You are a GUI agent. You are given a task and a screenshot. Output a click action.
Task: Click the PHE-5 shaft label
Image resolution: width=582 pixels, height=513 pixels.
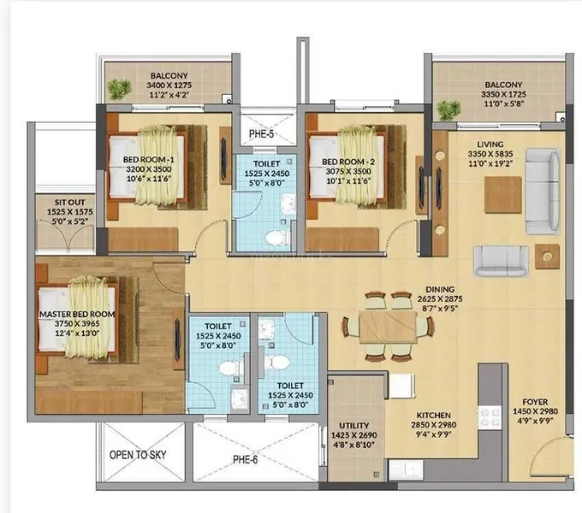[261, 134]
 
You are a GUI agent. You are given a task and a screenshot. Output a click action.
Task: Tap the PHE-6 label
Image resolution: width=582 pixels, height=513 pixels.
[245, 460]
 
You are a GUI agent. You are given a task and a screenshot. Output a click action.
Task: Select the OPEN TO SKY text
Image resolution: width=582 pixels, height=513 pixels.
[138, 455]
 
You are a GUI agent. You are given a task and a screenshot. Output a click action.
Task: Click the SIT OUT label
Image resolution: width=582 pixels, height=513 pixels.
[70, 203]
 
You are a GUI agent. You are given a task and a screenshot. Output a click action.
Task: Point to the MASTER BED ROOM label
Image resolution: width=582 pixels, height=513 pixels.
[77, 315]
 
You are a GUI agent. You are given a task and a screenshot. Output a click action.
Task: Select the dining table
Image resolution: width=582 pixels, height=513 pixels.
[388, 327]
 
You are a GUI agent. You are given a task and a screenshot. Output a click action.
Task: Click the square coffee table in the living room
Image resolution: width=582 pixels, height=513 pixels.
[503, 195]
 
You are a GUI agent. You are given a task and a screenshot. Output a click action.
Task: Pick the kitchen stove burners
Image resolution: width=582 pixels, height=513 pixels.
[490, 417]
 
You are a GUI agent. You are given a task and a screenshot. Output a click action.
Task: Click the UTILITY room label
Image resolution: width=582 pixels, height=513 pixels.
[354, 426]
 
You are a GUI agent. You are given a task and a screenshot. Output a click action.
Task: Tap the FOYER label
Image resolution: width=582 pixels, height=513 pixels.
[535, 402]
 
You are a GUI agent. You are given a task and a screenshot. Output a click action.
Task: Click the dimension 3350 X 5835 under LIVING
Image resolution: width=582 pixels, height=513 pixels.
[490, 154]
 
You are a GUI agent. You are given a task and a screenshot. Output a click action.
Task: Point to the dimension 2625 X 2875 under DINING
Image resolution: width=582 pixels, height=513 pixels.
[440, 298]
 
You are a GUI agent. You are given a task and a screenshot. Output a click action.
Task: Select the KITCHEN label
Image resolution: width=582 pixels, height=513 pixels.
[434, 416]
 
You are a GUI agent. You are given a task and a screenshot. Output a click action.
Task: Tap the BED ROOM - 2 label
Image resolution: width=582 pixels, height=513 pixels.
[348, 162]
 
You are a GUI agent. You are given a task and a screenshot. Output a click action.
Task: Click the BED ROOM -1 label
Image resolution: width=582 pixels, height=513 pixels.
[148, 160]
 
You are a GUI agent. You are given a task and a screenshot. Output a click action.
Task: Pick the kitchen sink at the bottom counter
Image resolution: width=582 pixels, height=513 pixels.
[406, 469]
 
